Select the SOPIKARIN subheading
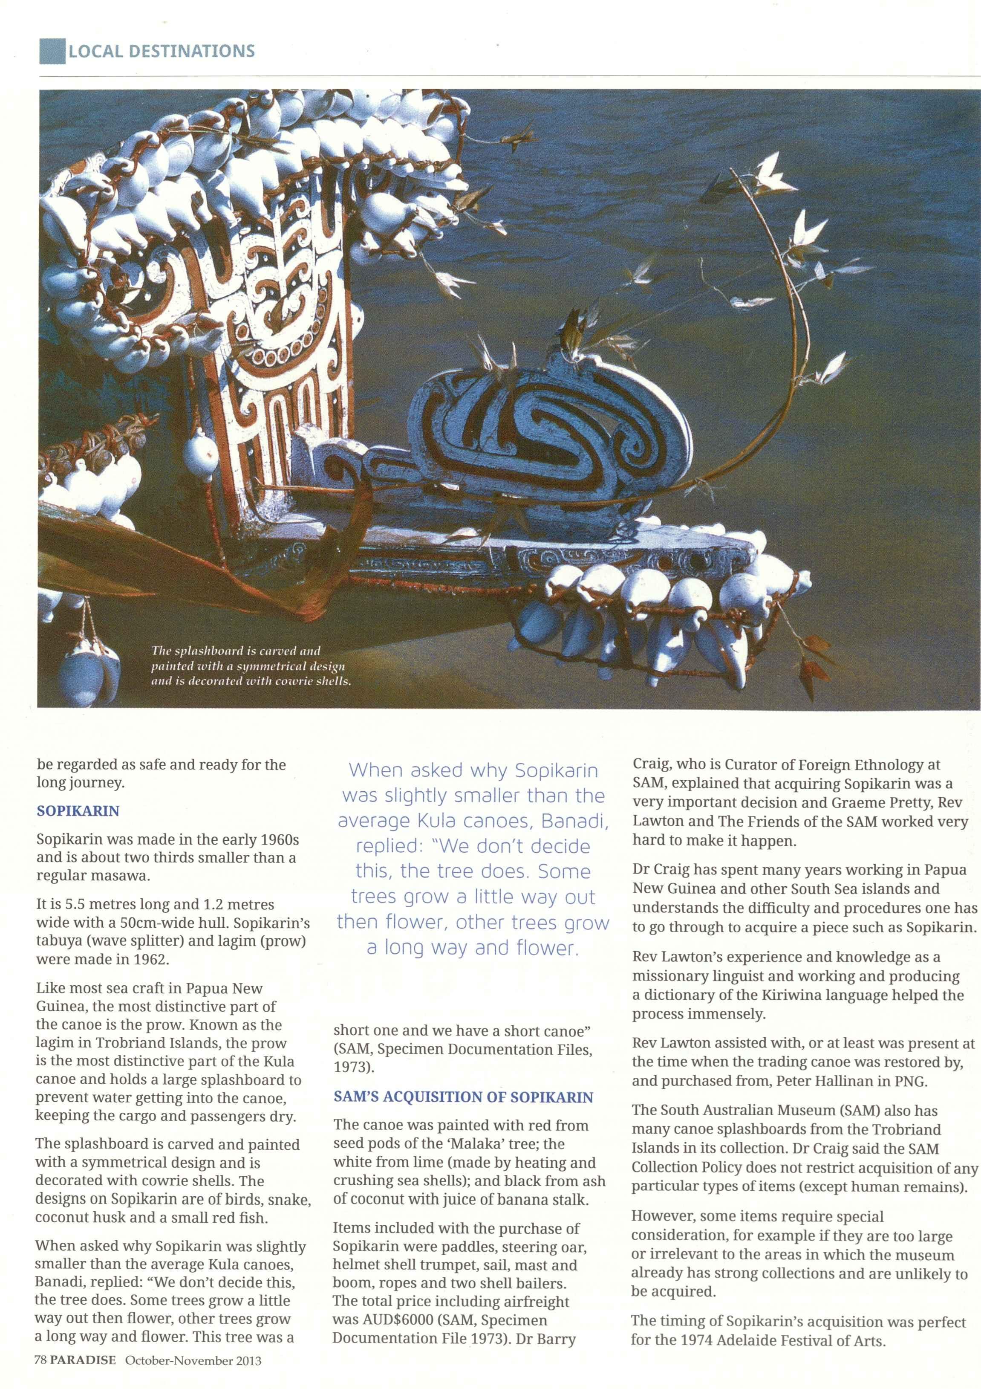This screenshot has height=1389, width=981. (x=78, y=810)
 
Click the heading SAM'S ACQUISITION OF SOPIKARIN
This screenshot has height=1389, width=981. (x=463, y=1097)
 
